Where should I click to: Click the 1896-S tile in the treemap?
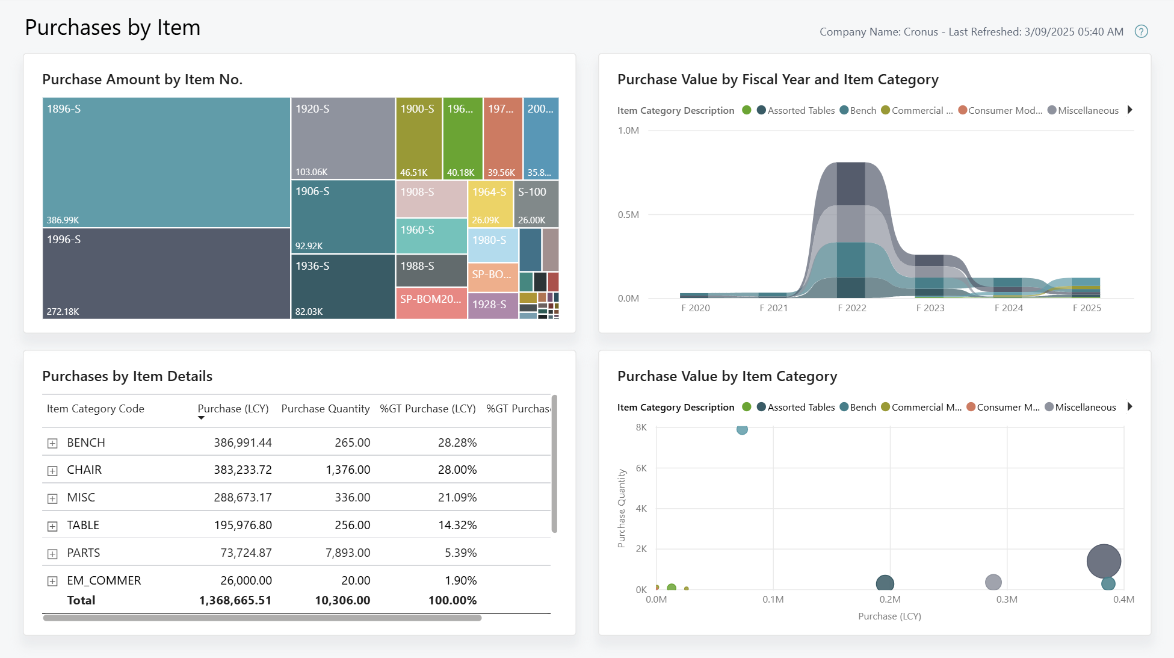[x=166, y=162]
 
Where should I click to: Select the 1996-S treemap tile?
[x=166, y=273]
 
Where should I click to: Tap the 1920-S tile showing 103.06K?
[x=342, y=138]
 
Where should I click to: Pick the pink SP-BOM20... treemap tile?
[x=431, y=303]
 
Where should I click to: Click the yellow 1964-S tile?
[x=490, y=203]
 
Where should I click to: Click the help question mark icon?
[x=1141, y=31]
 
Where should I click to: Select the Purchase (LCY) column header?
[x=233, y=409]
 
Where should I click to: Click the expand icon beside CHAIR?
[x=52, y=471]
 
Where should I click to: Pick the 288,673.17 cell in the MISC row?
[x=243, y=497]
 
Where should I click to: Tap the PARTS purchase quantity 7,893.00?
[x=347, y=553]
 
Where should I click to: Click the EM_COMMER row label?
[x=103, y=580]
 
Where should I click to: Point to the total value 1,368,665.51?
[x=235, y=600]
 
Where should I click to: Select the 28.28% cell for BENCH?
[x=457, y=442]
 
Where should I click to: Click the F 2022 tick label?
[x=851, y=308]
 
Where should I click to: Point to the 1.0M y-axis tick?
[x=628, y=130]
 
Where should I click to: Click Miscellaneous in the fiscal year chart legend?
[x=1087, y=110]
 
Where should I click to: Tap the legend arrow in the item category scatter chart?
[x=1129, y=407]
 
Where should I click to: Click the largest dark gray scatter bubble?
[x=1103, y=561]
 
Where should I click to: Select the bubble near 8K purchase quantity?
[x=742, y=429]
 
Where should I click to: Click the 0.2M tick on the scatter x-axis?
[x=889, y=599]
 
